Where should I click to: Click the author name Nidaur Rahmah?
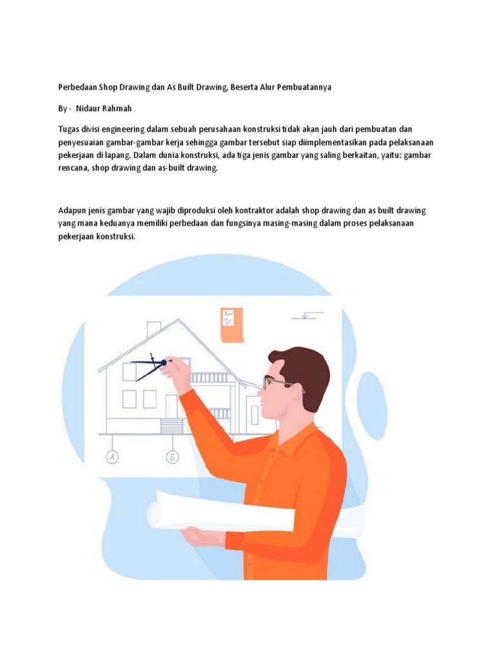104,108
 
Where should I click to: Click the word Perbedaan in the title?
77,87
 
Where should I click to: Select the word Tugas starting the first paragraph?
68,129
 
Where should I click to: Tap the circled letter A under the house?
112,457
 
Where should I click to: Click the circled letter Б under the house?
172,457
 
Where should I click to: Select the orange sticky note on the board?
233,325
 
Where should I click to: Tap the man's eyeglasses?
277,383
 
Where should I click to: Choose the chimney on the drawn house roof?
153,329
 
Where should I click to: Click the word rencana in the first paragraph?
72,168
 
